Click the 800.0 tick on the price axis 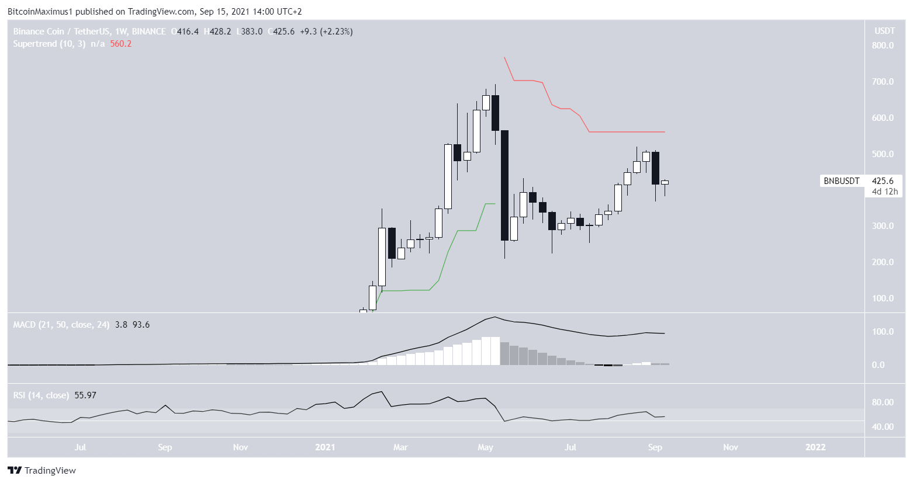[x=883, y=46]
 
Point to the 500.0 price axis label [x=883, y=154]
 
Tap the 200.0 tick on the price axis [x=883, y=262]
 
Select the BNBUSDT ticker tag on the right [x=841, y=181]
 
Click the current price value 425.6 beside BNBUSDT [x=883, y=181]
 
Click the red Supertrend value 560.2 [x=120, y=44]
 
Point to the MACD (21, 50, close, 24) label [x=61, y=325]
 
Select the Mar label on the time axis [x=400, y=447]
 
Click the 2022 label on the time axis [x=815, y=447]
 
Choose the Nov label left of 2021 [x=240, y=447]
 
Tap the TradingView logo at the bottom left [x=42, y=470]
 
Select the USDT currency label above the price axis [x=883, y=31]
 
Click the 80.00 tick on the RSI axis [x=883, y=402]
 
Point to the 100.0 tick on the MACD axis [x=883, y=332]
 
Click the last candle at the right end [x=665, y=182]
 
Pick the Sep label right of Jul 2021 [x=655, y=447]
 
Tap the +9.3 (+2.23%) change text [x=326, y=32]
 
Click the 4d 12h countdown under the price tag [x=884, y=192]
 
